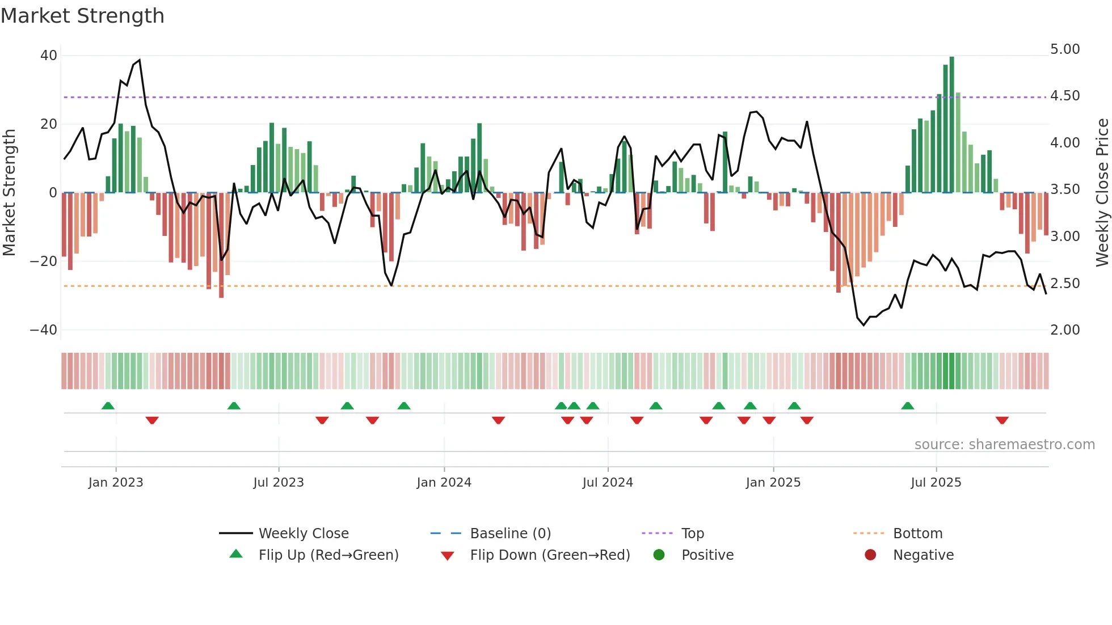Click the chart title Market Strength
[x=82, y=15]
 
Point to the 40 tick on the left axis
[x=49, y=56]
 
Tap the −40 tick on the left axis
[x=44, y=330]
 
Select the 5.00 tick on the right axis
[x=1065, y=49]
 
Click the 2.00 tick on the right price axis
[x=1065, y=330]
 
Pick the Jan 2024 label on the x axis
[x=444, y=483]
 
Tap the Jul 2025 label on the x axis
[x=936, y=483]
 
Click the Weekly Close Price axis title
[x=1102, y=193]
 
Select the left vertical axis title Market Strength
[x=9, y=193]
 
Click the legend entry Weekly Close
[x=303, y=534]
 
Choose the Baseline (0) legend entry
[x=510, y=534]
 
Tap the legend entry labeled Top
[x=692, y=534]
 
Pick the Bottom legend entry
[x=917, y=534]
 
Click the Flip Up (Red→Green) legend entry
[x=328, y=555]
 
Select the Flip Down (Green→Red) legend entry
[x=550, y=555]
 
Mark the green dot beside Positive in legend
[x=659, y=555]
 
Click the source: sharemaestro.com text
[x=1004, y=445]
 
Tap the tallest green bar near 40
[x=951, y=125]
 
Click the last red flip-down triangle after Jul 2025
[x=1002, y=420]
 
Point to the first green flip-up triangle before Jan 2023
[x=108, y=406]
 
